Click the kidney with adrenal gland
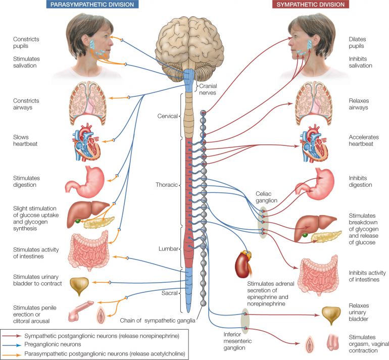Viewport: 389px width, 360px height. click(x=243, y=263)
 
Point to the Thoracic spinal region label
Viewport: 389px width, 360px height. click(x=167, y=185)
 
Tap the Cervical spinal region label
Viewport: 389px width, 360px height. click(x=168, y=116)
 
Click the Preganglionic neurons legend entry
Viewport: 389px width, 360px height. click(x=52, y=344)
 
